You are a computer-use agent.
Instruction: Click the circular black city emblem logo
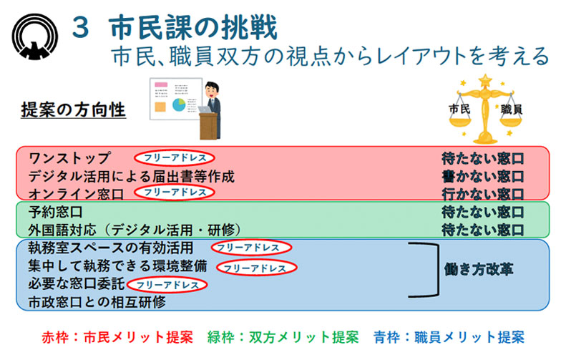tap(35, 37)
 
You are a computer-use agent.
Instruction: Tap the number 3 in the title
tap(80, 28)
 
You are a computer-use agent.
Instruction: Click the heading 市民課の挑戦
tap(193, 27)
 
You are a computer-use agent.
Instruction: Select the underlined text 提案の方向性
tap(73, 110)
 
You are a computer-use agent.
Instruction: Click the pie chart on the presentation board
tap(179, 104)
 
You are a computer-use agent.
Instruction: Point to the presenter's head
tap(212, 89)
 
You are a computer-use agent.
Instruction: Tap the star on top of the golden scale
tap(485, 81)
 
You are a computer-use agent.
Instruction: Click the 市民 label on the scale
tap(459, 109)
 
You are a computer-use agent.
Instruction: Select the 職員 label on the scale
tap(512, 109)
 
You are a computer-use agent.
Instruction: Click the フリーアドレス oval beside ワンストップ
tap(175, 157)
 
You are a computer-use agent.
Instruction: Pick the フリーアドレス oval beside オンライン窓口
tap(175, 192)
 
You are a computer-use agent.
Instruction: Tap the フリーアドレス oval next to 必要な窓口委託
tap(167, 285)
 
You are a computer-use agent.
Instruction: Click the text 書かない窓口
tap(482, 176)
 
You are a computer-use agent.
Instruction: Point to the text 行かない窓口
tap(482, 194)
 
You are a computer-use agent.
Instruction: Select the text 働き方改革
tap(479, 269)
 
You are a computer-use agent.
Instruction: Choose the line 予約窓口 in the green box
tap(55, 212)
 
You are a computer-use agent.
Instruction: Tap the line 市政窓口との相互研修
tap(97, 302)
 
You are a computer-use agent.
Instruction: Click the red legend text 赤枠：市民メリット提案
tap(117, 337)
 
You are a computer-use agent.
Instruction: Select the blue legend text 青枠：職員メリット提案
tap(449, 337)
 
